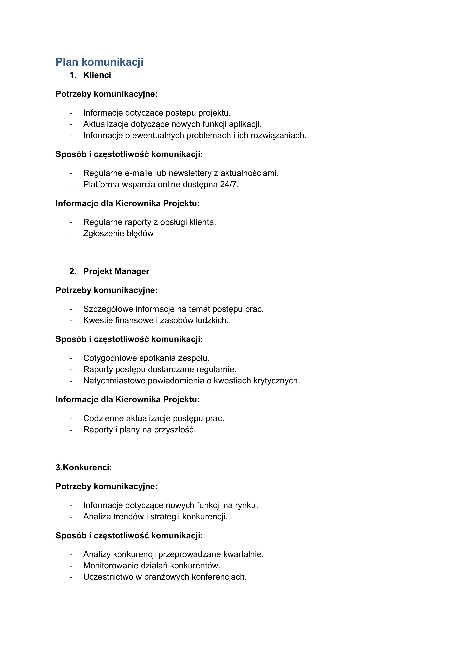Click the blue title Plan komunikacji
coord(99,62)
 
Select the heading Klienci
coord(97,75)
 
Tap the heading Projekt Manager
coord(116,271)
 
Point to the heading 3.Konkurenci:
coord(84,468)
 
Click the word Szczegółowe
coord(108,309)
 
